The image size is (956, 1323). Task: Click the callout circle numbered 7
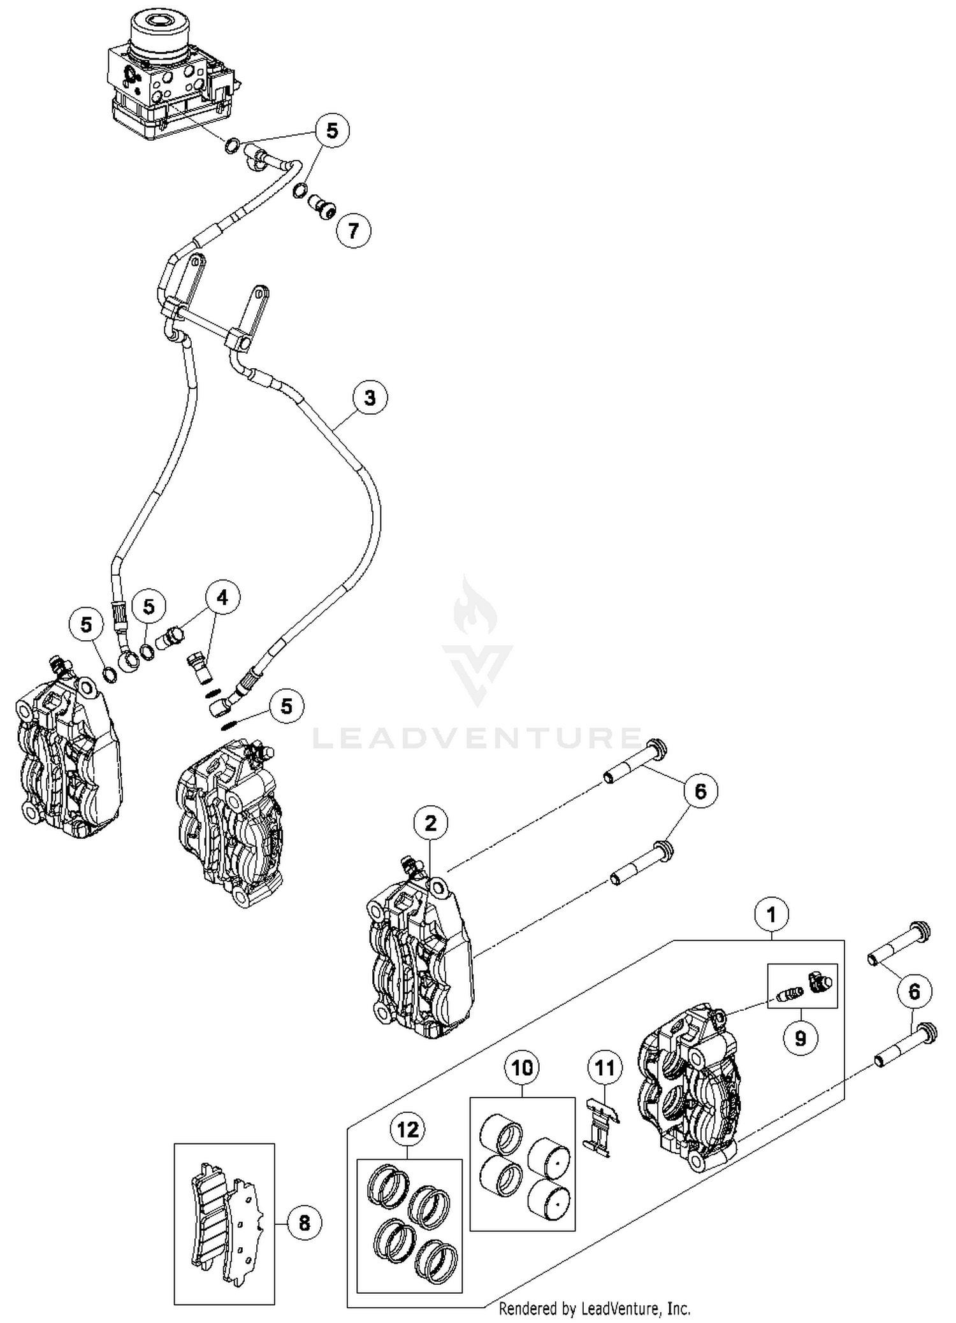353,230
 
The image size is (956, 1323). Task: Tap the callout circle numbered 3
370,398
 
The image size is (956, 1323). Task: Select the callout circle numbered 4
222,597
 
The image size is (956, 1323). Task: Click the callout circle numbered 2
430,824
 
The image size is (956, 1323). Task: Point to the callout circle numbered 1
772,915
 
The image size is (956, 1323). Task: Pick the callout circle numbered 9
800,1039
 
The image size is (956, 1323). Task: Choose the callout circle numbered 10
522,1067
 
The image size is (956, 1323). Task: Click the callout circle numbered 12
408,1129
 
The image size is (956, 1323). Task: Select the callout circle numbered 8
304,1222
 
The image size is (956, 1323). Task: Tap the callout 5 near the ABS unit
331,131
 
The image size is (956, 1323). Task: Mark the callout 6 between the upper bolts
700,791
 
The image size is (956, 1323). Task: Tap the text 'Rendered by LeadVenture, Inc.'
594,1308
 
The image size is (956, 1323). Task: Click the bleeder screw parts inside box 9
802,984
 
